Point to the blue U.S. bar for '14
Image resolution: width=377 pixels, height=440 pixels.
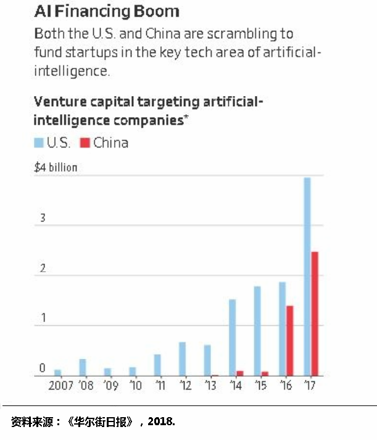point(233,338)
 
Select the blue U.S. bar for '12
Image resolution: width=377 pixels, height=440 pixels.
point(183,359)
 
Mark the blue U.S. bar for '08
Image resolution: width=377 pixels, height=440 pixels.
point(83,367)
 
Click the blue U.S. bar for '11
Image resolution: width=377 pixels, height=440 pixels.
point(157,365)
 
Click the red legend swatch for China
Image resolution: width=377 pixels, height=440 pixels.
point(85,143)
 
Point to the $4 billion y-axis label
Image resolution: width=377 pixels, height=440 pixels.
point(56,167)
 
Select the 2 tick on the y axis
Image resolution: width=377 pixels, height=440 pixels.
point(42,269)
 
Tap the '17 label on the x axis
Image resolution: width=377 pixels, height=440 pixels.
point(310,386)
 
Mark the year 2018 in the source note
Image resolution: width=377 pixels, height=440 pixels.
point(162,421)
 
